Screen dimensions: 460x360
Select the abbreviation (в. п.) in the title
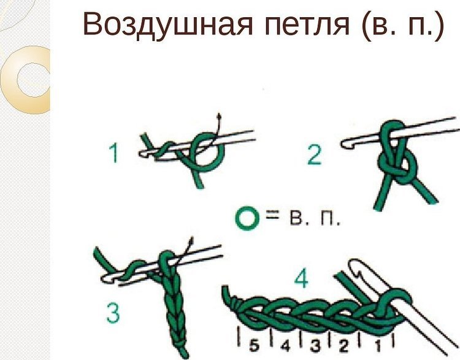point(402,25)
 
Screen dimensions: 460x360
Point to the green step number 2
point(314,155)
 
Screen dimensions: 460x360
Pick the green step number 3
point(113,313)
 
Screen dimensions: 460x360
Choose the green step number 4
point(301,279)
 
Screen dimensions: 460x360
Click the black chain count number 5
point(255,346)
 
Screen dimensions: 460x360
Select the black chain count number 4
point(285,347)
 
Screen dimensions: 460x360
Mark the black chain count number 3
point(315,347)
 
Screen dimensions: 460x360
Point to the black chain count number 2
point(343,347)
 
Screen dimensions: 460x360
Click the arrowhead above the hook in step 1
point(218,115)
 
